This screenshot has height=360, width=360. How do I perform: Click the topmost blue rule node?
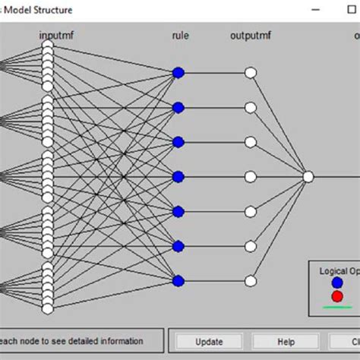(x=178, y=73)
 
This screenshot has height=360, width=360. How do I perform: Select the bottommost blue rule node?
(x=178, y=281)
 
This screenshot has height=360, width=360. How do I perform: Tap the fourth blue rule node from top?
(x=178, y=177)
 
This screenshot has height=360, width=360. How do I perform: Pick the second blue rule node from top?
(x=178, y=107)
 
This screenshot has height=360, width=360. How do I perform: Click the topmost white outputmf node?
(x=251, y=73)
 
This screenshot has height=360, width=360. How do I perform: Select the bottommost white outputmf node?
(x=251, y=281)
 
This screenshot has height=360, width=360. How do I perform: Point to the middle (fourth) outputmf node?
(x=251, y=177)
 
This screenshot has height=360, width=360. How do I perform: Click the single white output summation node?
(x=308, y=176)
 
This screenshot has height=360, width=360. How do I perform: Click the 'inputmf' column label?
(x=58, y=36)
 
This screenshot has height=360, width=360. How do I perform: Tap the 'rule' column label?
(x=180, y=36)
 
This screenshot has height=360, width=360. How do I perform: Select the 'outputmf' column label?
(x=251, y=36)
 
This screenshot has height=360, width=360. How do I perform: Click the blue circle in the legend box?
(x=336, y=283)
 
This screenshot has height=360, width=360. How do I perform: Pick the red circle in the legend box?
(x=336, y=295)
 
